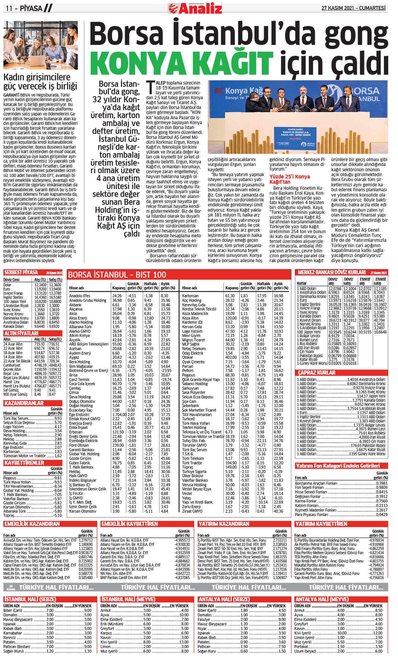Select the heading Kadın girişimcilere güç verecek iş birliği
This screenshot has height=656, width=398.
40,82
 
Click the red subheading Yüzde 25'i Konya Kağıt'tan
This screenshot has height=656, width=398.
289,179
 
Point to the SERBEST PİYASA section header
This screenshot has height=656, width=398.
21,272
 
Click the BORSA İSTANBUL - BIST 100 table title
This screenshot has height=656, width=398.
117,275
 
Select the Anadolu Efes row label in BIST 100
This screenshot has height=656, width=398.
80,296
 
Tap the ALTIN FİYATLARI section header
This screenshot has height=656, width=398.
21,333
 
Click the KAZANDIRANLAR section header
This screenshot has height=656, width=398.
24,403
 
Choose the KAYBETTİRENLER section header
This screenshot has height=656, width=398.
24,462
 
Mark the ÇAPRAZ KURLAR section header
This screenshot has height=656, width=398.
317,373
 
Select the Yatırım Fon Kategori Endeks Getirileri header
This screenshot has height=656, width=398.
338,466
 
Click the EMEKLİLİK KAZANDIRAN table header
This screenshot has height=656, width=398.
32,524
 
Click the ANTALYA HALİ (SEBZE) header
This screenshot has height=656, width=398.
224,599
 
